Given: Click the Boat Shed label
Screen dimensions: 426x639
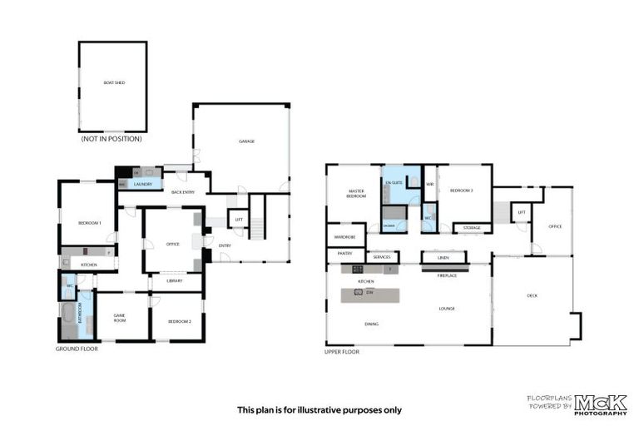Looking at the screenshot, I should [x=114, y=83].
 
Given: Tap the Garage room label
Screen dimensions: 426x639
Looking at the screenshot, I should [x=246, y=141].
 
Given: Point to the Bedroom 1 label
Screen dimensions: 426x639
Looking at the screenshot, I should [x=89, y=223].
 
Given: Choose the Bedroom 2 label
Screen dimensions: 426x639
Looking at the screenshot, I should [x=179, y=321].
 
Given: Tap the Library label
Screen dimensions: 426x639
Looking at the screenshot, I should [x=174, y=280].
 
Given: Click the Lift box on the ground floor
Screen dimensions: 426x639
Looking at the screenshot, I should [x=239, y=220].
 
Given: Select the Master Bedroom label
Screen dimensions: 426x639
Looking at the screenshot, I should [x=356, y=195].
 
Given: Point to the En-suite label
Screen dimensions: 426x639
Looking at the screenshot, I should [x=394, y=181].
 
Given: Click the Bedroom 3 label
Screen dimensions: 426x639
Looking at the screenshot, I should [x=462, y=191].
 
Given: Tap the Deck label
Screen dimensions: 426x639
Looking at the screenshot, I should [x=532, y=295].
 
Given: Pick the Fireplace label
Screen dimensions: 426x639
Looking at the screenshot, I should [x=447, y=275].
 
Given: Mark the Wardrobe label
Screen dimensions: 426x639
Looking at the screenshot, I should [x=345, y=235].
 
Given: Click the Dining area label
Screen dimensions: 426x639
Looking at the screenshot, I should [x=372, y=324].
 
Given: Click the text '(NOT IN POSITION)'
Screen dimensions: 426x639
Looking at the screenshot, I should [x=113, y=140].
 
